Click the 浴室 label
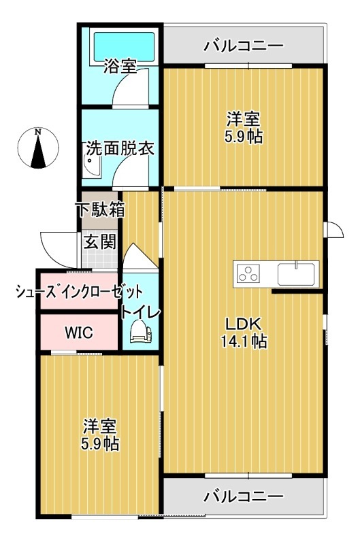(x=120, y=67)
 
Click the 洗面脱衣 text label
(x=120, y=149)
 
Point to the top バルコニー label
(x=244, y=46)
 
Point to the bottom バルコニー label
(x=244, y=496)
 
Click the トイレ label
(x=140, y=312)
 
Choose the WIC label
(x=80, y=333)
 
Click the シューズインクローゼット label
(x=80, y=292)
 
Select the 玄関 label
(x=100, y=241)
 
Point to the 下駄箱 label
(x=100, y=209)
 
